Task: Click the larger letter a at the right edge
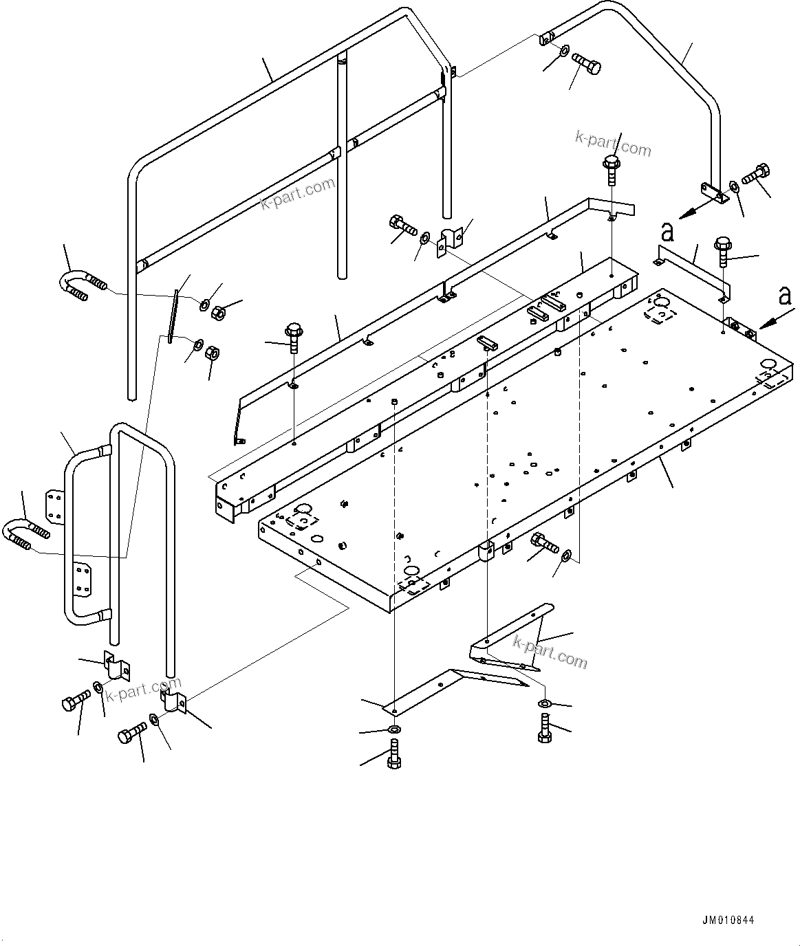click(x=784, y=296)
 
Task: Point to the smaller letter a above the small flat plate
click(x=667, y=232)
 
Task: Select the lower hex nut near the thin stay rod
click(x=213, y=353)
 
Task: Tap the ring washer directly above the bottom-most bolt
click(x=394, y=729)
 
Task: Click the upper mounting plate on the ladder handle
click(x=54, y=506)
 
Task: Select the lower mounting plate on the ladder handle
click(x=82, y=578)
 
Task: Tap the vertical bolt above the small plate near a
click(x=722, y=252)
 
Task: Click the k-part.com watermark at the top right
click(x=612, y=142)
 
